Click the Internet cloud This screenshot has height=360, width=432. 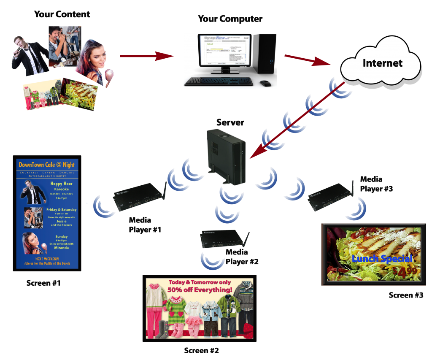coord(382,63)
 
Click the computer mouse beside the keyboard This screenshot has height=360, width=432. coord(265,83)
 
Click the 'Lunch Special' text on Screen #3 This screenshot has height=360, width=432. coord(382,259)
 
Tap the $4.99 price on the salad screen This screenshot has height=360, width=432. coord(405,272)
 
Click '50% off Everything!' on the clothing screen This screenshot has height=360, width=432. coord(200,290)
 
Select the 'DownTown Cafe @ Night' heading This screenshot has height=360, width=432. coord(47,165)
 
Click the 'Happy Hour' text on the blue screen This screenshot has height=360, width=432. coord(62,184)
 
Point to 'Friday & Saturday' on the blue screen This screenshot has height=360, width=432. coord(62,210)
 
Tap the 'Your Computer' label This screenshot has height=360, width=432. coord(230,19)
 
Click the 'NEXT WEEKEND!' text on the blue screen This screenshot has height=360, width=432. coord(47,259)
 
